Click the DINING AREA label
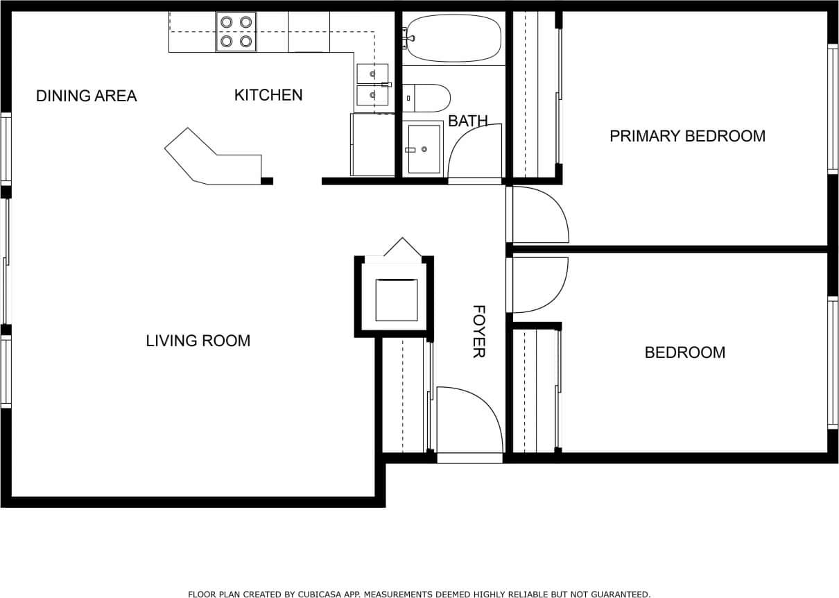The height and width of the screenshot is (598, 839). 86,96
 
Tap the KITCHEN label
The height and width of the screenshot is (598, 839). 268,95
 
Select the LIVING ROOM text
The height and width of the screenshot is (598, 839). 198,341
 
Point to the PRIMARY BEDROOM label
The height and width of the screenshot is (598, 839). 687,136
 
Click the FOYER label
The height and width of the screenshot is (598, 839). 478,332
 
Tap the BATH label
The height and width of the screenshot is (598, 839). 467,121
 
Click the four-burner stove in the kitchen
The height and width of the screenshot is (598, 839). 236,32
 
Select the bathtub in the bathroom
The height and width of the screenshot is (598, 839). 453,38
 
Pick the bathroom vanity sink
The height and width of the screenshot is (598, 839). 424,148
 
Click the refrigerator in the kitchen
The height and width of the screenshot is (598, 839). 372,144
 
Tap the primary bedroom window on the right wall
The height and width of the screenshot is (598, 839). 832,109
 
